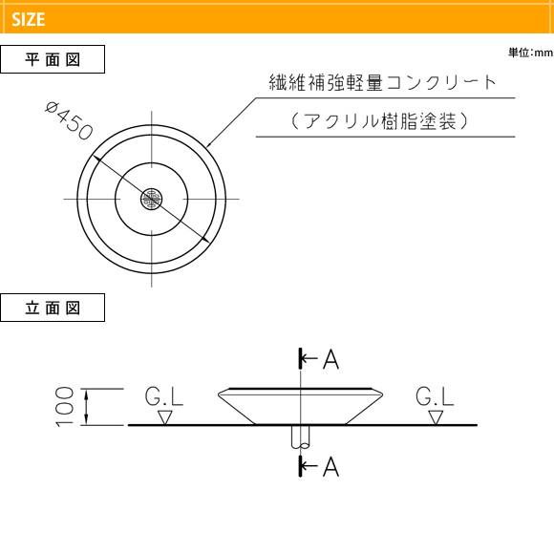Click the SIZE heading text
pos(29,19)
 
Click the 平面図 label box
pos(53,59)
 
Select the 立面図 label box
pos(53,308)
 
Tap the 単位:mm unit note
pos(531,53)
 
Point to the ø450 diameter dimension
pos(70,120)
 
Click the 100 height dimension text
pos(65,407)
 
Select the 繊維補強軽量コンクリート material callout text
pos(383,82)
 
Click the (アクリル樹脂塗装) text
pos(380,121)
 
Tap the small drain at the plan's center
pos(152,200)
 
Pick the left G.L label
pos(164,396)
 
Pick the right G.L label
pos(435,396)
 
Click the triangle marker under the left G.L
pos(165,417)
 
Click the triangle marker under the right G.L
pos(436,417)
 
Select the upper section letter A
pos(331,359)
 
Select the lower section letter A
pos(331,467)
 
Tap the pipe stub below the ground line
pos(300,437)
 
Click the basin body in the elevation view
pos(300,406)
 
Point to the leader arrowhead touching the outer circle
pos(209,144)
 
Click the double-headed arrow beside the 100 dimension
pos(87,407)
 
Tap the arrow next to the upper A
pos(309,358)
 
